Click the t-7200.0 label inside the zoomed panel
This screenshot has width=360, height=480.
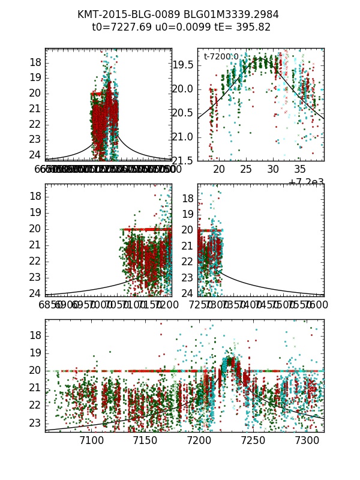click(x=221, y=56)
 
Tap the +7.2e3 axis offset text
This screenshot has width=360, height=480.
click(x=306, y=182)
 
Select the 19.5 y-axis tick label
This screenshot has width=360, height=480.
click(x=184, y=65)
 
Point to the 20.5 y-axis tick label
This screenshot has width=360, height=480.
click(x=184, y=113)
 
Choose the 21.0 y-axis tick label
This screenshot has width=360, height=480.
click(x=184, y=137)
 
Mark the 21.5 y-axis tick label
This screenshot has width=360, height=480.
click(x=184, y=161)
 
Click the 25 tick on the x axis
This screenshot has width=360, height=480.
click(x=246, y=170)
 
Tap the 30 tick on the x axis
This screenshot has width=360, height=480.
click(x=273, y=170)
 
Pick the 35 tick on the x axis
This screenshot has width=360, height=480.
click(x=300, y=170)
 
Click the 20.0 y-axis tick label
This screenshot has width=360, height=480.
click(x=184, y=89)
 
